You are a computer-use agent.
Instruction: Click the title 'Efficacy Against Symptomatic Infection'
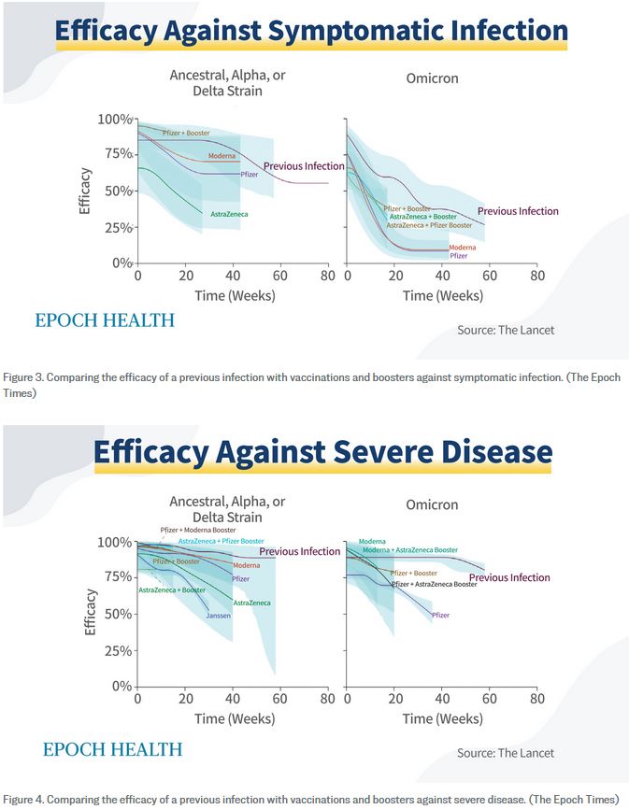(x=311, y=30)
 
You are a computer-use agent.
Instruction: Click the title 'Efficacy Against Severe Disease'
(x=322, y=452)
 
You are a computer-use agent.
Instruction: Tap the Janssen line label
(x=218, y=616)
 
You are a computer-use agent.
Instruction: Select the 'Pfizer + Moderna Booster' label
(x=198, y=531)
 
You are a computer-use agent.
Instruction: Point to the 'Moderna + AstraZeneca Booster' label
(x=410, y=550)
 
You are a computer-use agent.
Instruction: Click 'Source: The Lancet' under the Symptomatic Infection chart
(x=506, y=331)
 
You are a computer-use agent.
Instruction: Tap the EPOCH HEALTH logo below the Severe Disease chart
(x=112, y=749)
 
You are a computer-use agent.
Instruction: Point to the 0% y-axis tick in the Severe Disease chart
(x=121, y=687)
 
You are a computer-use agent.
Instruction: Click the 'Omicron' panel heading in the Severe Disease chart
(x=432, y=504)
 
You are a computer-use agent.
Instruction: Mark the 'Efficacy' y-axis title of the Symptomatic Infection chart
(x=86, y=191)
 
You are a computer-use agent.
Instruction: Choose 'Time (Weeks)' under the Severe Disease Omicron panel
(x=443, y=718)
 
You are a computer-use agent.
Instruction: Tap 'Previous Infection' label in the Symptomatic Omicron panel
(x=518, y=211)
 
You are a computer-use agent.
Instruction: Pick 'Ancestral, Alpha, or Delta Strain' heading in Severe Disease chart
(x=227, y=509)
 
